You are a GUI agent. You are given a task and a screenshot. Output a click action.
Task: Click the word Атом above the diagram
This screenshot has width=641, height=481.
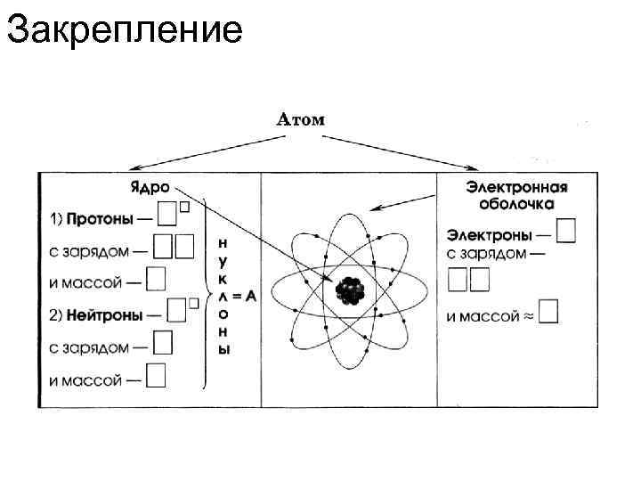(x=302, y=119)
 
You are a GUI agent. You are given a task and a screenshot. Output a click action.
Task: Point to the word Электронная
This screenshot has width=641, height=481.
(x=516, y=188)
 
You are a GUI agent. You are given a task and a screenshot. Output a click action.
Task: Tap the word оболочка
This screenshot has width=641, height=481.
(x=516, y=204)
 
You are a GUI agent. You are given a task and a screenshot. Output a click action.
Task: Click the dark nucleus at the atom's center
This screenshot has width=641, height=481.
(x=348, y=289)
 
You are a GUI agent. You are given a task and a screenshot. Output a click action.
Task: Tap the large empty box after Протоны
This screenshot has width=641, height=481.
(x=166, y=215)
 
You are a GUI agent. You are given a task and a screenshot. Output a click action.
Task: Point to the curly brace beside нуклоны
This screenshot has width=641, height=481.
(x=207, y=294)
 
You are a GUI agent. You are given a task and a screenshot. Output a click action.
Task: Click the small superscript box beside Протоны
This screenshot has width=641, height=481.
(x=184, y=207)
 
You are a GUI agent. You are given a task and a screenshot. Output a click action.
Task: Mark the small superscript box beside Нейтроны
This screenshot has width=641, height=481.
(x=192, y=304)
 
